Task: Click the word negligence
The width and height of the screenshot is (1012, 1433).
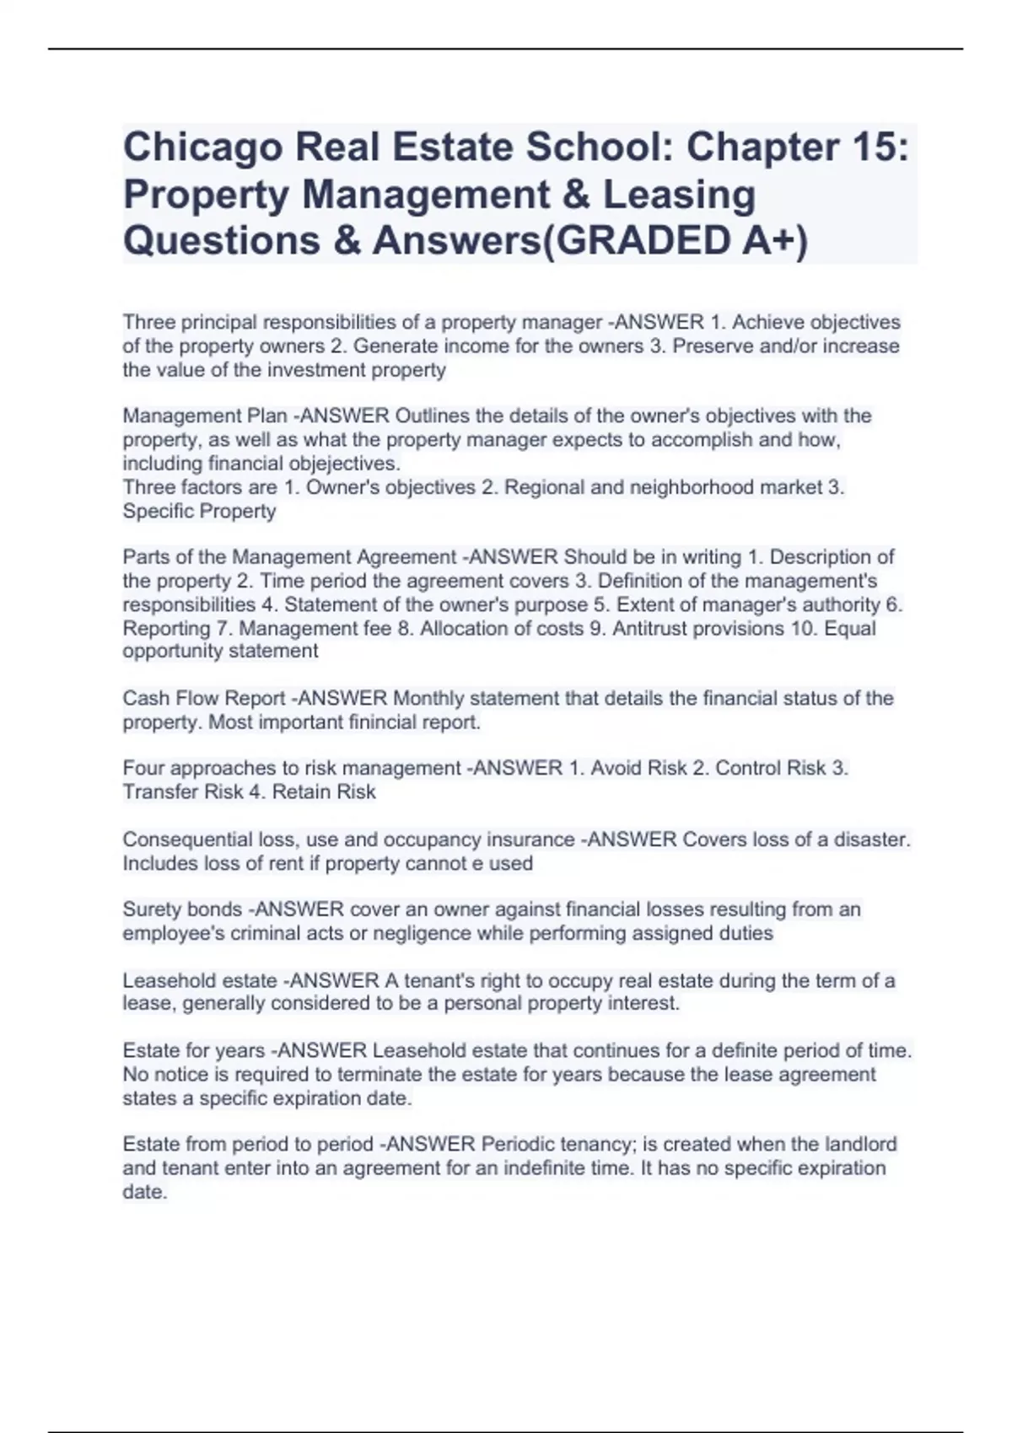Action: [427, 933]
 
